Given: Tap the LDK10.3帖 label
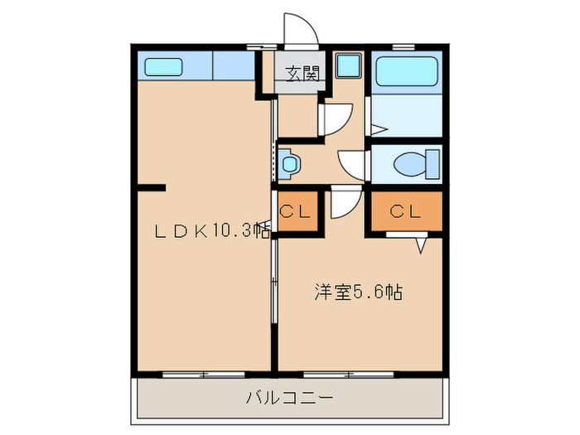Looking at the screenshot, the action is pyautogui.click(x=212, y=231).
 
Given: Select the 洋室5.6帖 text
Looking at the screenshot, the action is pyautogui.click(x=359, y=292).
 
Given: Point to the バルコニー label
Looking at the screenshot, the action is pyautogui.click(x=290, y=399).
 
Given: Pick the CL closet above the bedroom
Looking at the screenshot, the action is pyautogui.click(x=407, y=211).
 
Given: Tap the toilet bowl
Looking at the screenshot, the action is pyautogui.click(x=417, y=164).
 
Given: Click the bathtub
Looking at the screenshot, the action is pyautogui.click(x=407, y=71).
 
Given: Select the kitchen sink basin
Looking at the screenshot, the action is pyautogui.click(x=163, y=67).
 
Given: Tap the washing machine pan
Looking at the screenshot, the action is pyautogui.click(x=349, y=65).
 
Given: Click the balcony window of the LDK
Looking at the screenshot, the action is pyautogui.click(x=204, y=375).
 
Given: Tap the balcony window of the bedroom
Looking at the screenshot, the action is pyautogui.click(x=349, y=375).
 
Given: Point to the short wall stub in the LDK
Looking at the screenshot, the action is pyautogui.click(x=152, y=187).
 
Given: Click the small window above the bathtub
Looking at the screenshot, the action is pyautogui.click(x=403, y=47).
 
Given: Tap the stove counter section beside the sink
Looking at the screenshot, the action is pyautogui.click(x=234, y=65).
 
